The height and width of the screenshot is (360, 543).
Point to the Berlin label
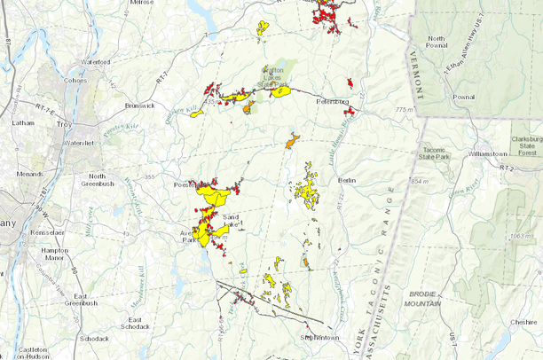346,180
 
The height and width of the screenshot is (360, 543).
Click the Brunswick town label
138,105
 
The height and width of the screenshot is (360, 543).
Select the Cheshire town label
523,324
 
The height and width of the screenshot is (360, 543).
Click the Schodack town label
93,339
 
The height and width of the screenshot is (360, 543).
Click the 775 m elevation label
406,109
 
